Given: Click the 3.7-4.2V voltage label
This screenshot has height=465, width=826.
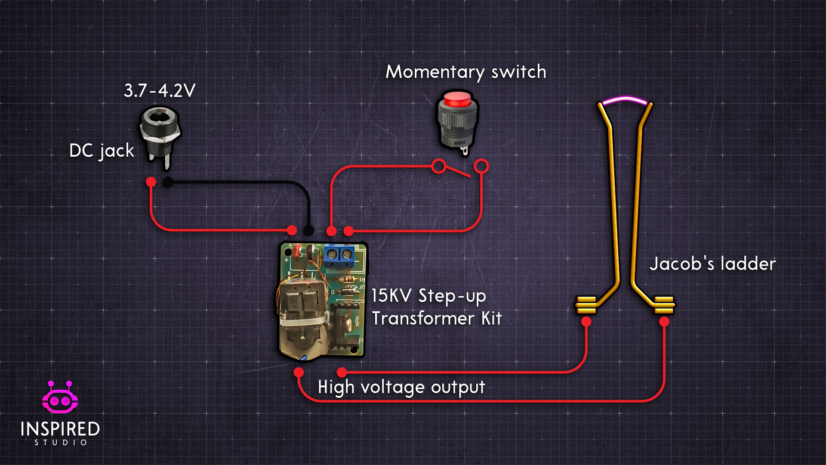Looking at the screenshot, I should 160,91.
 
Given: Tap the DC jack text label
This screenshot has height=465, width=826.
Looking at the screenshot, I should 102,151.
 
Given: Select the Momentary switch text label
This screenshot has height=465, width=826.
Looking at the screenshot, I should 466,72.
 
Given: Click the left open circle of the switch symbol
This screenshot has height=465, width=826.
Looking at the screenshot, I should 439,166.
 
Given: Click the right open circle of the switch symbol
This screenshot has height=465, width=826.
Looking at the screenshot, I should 481,166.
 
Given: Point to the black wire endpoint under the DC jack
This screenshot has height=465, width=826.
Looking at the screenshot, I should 168,183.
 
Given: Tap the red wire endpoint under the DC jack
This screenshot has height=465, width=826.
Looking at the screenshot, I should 151,182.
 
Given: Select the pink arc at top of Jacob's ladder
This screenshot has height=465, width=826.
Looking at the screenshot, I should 625,100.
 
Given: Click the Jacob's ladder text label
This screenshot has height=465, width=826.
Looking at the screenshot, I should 712,264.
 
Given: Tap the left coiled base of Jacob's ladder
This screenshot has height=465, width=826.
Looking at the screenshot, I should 586,305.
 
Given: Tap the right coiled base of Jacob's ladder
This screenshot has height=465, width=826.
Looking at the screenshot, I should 664,305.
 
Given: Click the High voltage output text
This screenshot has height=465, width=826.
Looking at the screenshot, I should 401,387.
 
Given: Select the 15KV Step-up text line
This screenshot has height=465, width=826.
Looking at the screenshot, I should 428,296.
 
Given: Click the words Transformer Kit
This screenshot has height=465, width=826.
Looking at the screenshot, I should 437,319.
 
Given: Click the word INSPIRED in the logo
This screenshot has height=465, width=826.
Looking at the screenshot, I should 60,429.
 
